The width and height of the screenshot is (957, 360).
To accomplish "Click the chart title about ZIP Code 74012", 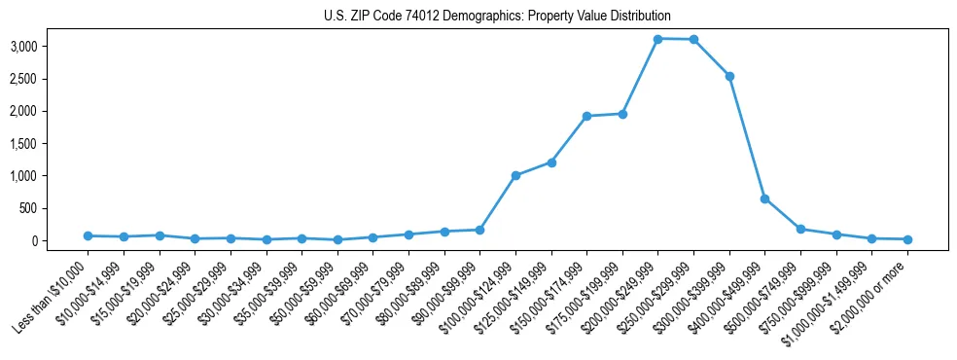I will pos(497,16).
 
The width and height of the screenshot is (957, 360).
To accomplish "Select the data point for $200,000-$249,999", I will pos(657,39).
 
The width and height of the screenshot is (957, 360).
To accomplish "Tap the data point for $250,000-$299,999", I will pos(693,40).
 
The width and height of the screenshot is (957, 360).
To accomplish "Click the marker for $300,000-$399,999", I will pos(729,76).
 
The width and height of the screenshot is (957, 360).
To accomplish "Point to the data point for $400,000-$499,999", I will pos(764,198).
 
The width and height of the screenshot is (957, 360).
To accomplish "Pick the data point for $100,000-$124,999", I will pos(515,176).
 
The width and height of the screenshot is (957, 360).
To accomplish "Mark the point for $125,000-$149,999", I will pos(551,162).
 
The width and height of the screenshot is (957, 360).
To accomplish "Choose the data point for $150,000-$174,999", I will pos(586,116).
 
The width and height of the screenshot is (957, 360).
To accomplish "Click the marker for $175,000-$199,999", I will pos(622,114).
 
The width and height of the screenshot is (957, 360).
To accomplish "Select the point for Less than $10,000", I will pos(88,235).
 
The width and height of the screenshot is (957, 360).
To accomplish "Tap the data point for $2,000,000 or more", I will pos(907,239).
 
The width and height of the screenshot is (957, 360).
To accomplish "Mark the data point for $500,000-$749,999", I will pos(800,230).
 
